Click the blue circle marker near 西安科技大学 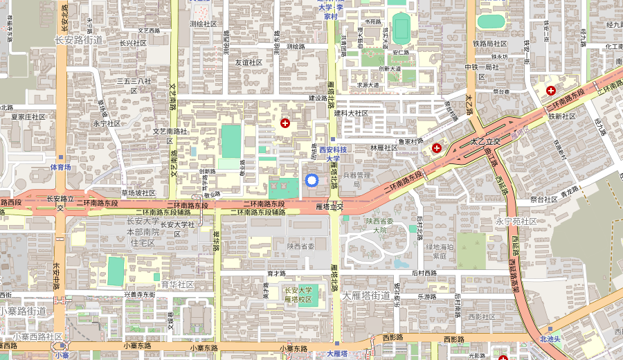click(311, 181)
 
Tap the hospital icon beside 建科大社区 click(285, 123)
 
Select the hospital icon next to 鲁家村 click(437, 148)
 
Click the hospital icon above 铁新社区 click(551, 91)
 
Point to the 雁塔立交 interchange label click(329, 206)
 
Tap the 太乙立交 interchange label click(485, 141)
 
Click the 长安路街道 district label click(78, 40)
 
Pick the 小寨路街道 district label click(23, 311)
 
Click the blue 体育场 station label click(60, 167)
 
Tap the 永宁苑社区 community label click(516, 222)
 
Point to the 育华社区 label click(177, 285)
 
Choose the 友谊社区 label click(249, 62)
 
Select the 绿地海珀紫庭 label click(440, 251)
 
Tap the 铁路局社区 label click(490, 44)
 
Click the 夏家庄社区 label click(28, 117)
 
